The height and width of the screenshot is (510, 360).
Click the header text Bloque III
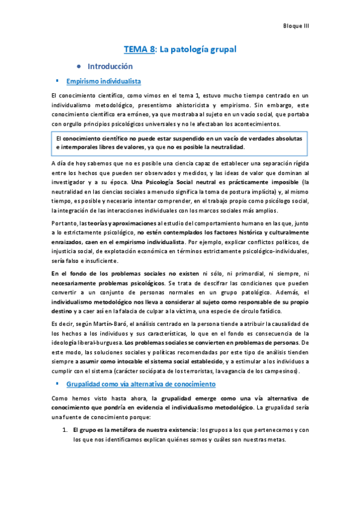pos(295,26)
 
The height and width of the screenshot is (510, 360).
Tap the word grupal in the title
pos(219,49)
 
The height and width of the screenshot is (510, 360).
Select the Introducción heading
pos(110,66)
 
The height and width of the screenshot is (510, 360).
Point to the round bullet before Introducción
pos(79,66)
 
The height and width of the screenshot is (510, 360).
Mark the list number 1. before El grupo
pos(66,430)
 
